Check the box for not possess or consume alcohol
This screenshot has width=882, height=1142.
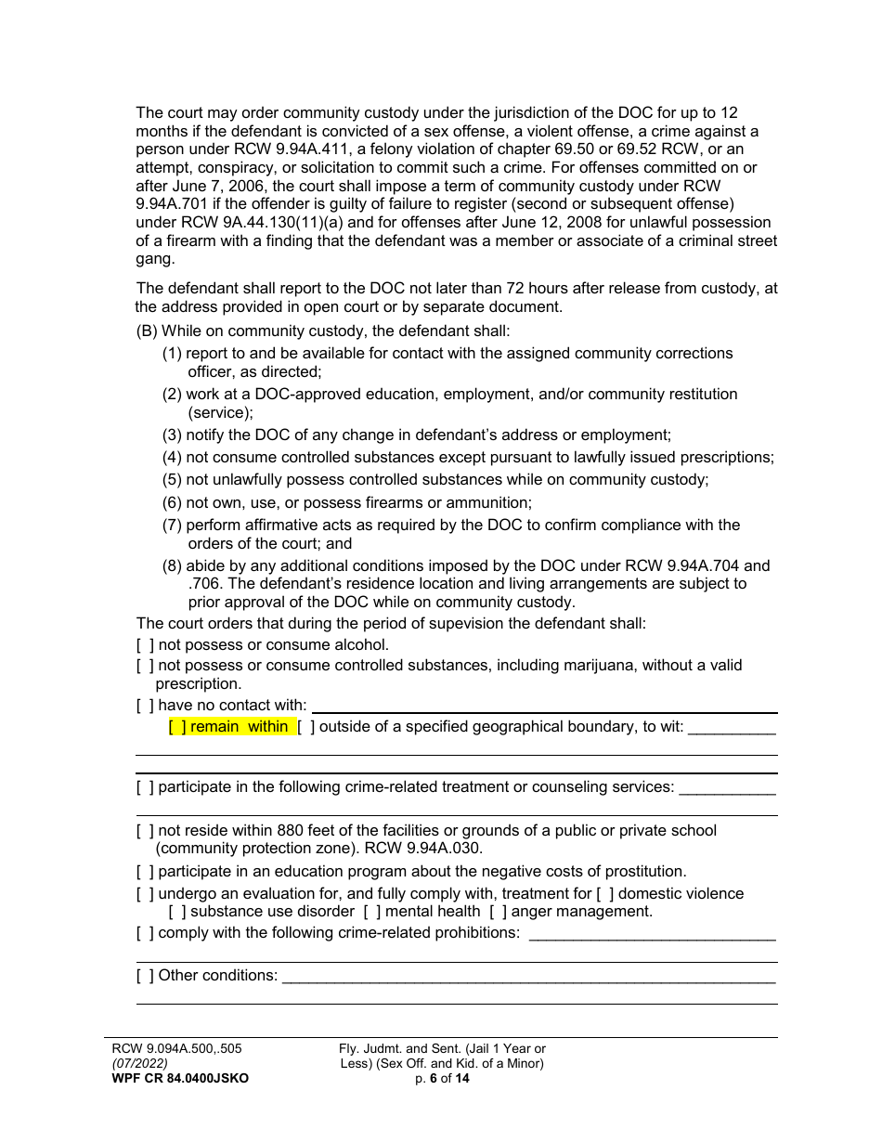coord(145,645)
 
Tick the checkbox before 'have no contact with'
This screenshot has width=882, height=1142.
coord(145,706)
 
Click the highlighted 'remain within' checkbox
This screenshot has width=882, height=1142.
coord(177,727)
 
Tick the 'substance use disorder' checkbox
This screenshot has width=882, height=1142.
coord(177,912)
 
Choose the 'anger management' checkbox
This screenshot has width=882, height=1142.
coord(498,912)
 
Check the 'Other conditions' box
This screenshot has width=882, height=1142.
coord(145,975)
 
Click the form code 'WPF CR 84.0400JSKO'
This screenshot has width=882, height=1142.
coord(180,1078)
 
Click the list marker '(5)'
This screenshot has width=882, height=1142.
coord(172,480)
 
